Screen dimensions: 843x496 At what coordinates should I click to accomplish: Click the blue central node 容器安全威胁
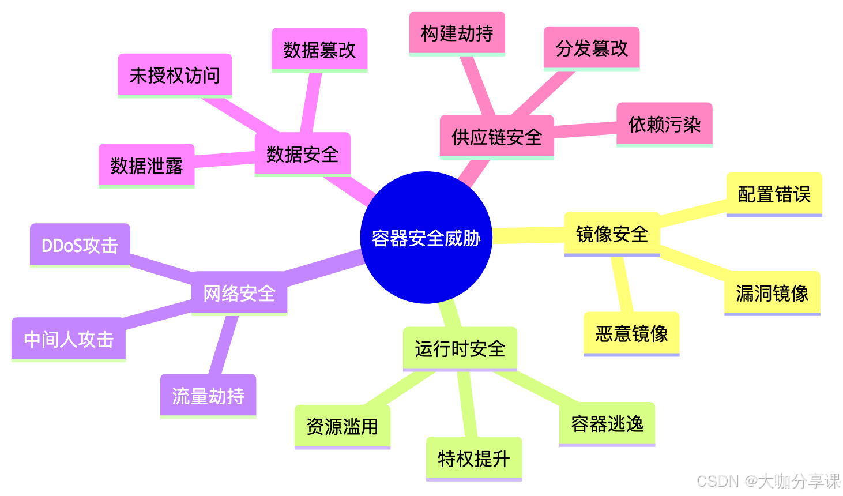pyautogui.click(x=426, y=238)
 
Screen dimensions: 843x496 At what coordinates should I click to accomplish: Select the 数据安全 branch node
pyautogui.click(x=302, y=154)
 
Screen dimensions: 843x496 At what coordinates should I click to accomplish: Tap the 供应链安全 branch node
pyautogui.click(x=496, y=137)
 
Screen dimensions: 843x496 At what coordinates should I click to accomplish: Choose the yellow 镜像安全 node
pyautogui.click(x=612, y=234)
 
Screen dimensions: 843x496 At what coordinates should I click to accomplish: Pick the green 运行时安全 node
pyautogui.click(x=460, y=348)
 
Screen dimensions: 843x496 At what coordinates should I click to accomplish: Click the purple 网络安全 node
pyautogui.click(x=239, y=293)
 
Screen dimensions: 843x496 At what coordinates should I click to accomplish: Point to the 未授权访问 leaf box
pyautogui.click(x=175, y=75)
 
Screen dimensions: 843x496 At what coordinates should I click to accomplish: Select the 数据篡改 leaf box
pyautogui.click(x=319, y=50)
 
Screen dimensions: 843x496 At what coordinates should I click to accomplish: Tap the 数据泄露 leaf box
pyautogui.click(x=146, y=166)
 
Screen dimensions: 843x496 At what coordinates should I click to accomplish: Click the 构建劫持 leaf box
pyautogui.click(x=457, y=33)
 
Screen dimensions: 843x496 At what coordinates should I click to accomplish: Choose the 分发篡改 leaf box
pyautogui.click(x=592, y=48)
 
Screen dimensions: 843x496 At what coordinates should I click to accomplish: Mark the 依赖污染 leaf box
pyautogui.click(x=664, y=124)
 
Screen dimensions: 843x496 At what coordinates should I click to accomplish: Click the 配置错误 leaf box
pyautogui.click(x=774, y=194)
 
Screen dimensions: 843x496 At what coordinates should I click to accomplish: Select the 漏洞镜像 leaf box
pyautogui.click(x=772, y=293)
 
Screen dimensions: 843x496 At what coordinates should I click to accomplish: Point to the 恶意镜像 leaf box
pyautogui.click(x=631, y=333)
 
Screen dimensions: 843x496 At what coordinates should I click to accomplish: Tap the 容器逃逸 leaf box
pyautogui.click(x=607, y=423)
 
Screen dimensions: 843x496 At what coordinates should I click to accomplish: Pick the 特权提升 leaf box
pyautogui.click(x=473, y=459)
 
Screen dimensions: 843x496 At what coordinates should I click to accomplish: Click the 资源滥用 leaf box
pyautogui.click(x=342, y=426)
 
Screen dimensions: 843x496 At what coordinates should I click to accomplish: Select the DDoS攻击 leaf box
pyautogui.click(x=80, y=245)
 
